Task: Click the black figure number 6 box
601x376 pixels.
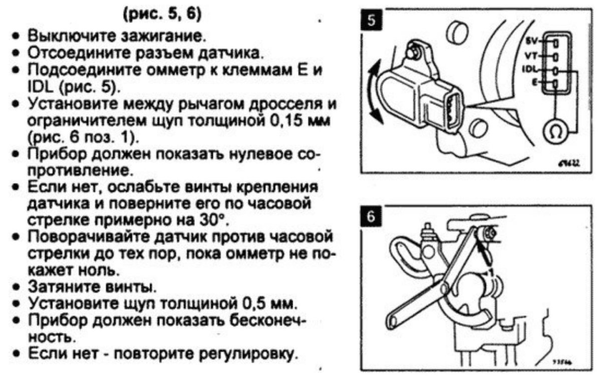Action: [x=371, y=217]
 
